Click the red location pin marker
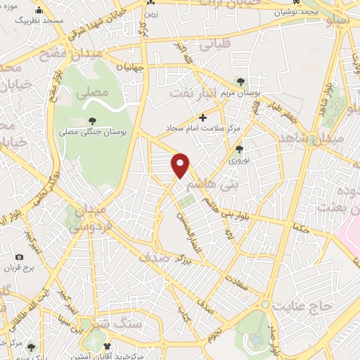click(x=181, y=165)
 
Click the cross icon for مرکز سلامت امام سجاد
click(x=203, y=117)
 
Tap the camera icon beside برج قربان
click(x=20, y=258)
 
